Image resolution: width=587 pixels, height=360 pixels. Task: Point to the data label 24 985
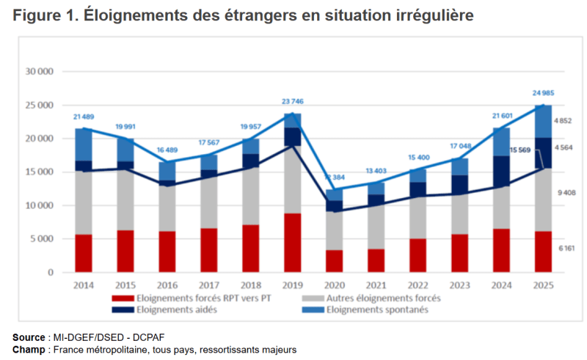544,92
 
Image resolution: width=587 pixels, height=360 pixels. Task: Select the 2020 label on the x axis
335,284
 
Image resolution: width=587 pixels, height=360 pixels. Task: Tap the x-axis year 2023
460,284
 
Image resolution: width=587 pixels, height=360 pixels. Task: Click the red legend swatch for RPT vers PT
117,298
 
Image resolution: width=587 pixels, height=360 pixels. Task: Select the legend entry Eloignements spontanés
387,309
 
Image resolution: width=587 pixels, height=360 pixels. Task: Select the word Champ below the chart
28,349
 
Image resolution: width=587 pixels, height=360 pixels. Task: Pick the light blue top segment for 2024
502,142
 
